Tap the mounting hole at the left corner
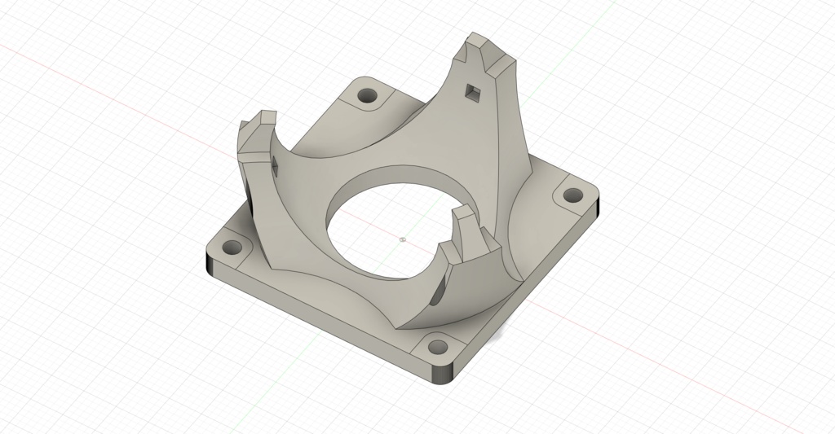tap(235, 246)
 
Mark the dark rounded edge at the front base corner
tap(443, 375)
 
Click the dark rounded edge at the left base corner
tap(210, 265)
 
